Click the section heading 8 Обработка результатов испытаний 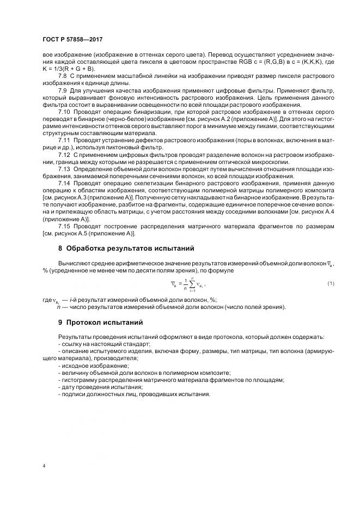126,248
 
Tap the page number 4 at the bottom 44,466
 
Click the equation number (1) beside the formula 331,283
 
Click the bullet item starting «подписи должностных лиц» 133,394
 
